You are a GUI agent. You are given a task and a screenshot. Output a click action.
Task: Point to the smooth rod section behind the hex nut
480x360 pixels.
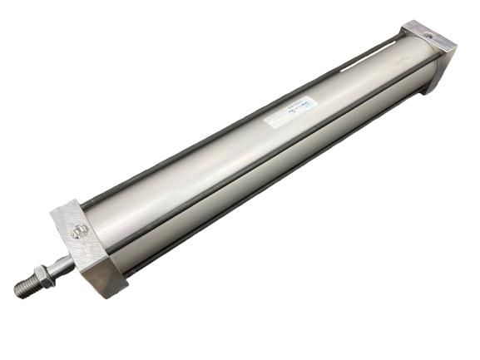[x=62, y=267]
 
